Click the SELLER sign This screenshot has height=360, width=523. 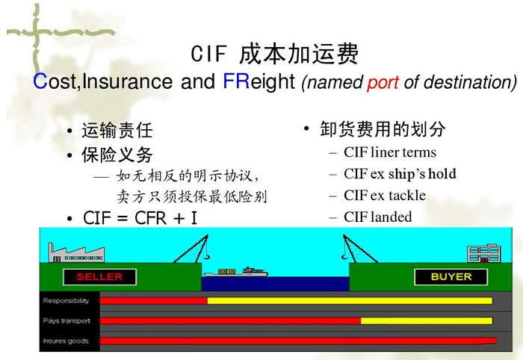99,277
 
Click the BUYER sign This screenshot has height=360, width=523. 451,277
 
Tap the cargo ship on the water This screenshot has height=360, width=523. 236,272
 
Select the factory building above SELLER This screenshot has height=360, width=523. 76,253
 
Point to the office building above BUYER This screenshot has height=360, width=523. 484,253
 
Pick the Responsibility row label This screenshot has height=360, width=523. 66,301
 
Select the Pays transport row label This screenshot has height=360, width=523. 66,321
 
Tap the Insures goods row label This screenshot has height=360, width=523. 66,341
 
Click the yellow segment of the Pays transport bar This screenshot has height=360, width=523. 427,320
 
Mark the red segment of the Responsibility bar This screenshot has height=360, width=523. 153,301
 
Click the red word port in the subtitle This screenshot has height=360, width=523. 383,83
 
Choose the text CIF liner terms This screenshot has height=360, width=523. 390,152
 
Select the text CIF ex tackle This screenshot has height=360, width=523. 385,196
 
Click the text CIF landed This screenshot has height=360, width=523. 377,217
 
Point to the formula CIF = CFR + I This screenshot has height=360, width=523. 140,218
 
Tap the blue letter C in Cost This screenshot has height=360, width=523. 40,81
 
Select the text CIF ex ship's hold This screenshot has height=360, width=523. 400,174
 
